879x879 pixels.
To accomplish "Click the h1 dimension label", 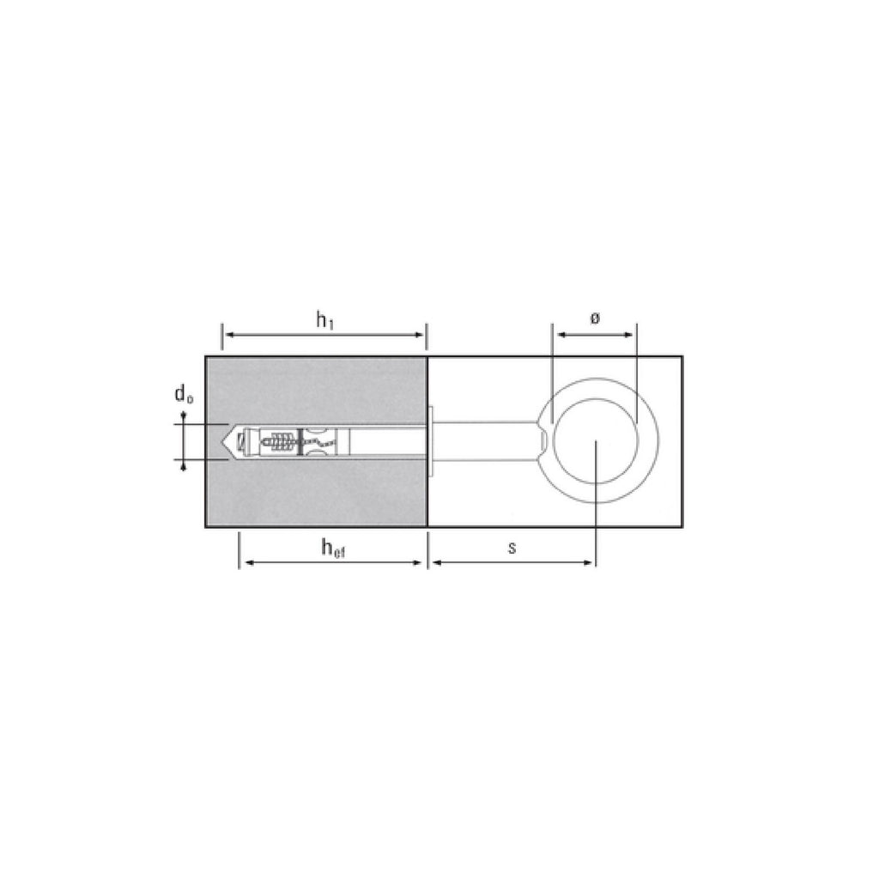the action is pos(324,321).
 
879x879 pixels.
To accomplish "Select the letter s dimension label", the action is pos(512,548).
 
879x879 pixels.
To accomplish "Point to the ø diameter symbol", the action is pos(595,318).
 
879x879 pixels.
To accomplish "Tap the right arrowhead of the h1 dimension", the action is pos(419,336).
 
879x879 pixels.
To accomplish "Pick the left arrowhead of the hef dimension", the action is pos(247,562).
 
